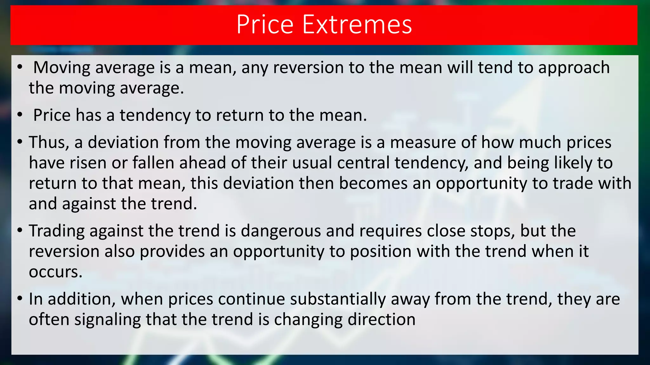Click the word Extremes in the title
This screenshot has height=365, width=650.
(357, 24)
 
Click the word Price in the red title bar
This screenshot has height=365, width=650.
(265, 24)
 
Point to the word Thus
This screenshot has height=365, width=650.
(49, 142)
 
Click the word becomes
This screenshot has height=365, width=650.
(373, 183)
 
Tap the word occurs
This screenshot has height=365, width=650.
(55, 272)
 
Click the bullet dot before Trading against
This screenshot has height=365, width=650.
(20, 230)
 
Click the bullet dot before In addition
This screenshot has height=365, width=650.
(20, 298)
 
